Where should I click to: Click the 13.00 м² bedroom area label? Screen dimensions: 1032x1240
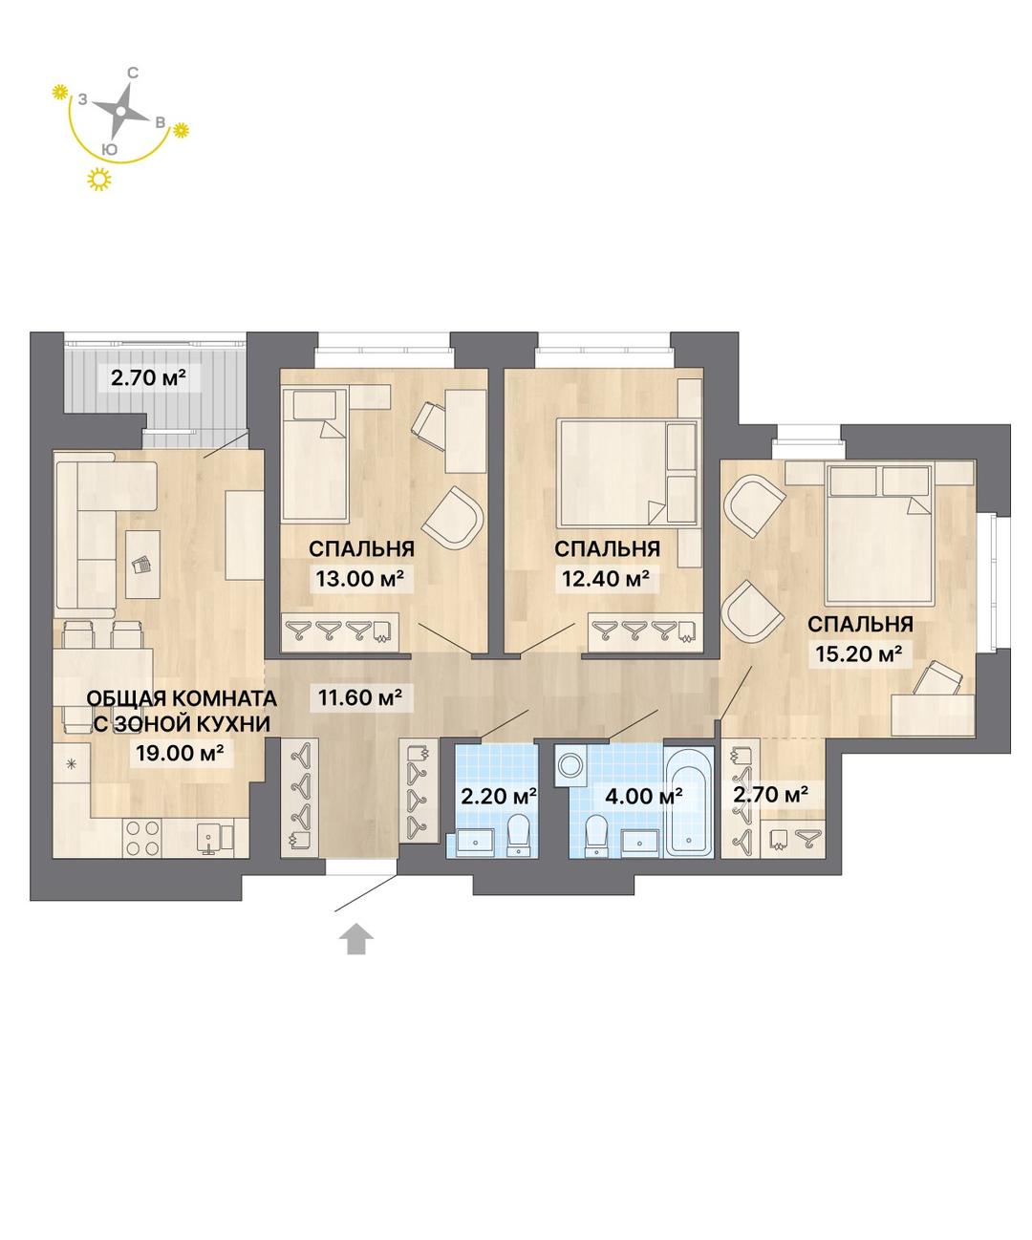[x=364, y=578]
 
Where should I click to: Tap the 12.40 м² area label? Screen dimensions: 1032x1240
[x=606, y=578]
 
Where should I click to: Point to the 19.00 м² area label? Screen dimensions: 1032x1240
[x=180, y=753]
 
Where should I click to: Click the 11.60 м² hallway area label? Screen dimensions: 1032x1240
[x=360, y=696]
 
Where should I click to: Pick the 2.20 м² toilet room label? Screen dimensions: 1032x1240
[x=499, y=796]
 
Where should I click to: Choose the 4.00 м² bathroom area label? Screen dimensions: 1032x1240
[x=643, y=796]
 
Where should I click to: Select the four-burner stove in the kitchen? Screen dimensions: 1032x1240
[x=142, y=838]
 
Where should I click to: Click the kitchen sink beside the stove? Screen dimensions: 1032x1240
[x=209, y=838]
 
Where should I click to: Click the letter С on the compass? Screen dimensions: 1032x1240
[x=134, y=73]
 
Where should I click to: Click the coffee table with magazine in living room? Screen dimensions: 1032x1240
[x=142, y=565]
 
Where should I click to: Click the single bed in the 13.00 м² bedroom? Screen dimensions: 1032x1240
[x=315, y=455]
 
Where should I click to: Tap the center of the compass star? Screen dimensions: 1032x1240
[x=121, y=111]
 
